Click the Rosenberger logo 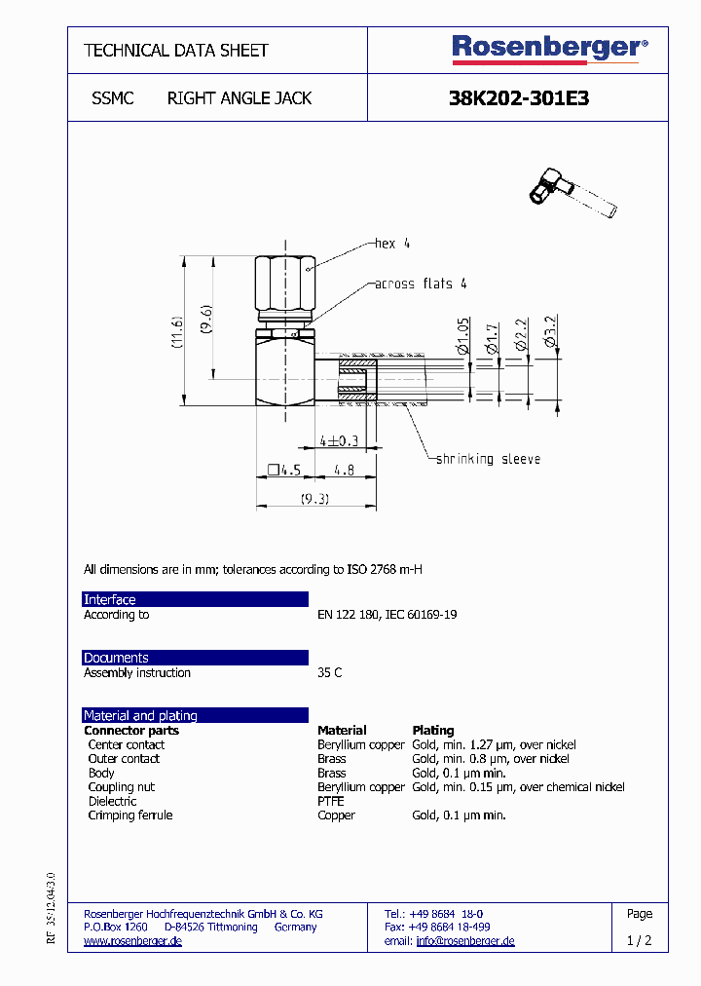(549, 49)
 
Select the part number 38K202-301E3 (518, 98)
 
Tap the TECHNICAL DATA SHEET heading (176, 51)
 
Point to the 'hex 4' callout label (392, 244)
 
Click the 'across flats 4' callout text (421, 284)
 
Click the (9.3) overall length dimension (314, 499)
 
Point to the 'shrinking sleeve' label (487, 459)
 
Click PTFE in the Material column (330, 801)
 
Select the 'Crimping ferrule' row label (130, 815)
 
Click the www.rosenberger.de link (132, 941)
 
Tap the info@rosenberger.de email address (464, 941)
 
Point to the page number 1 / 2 (640, 941)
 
